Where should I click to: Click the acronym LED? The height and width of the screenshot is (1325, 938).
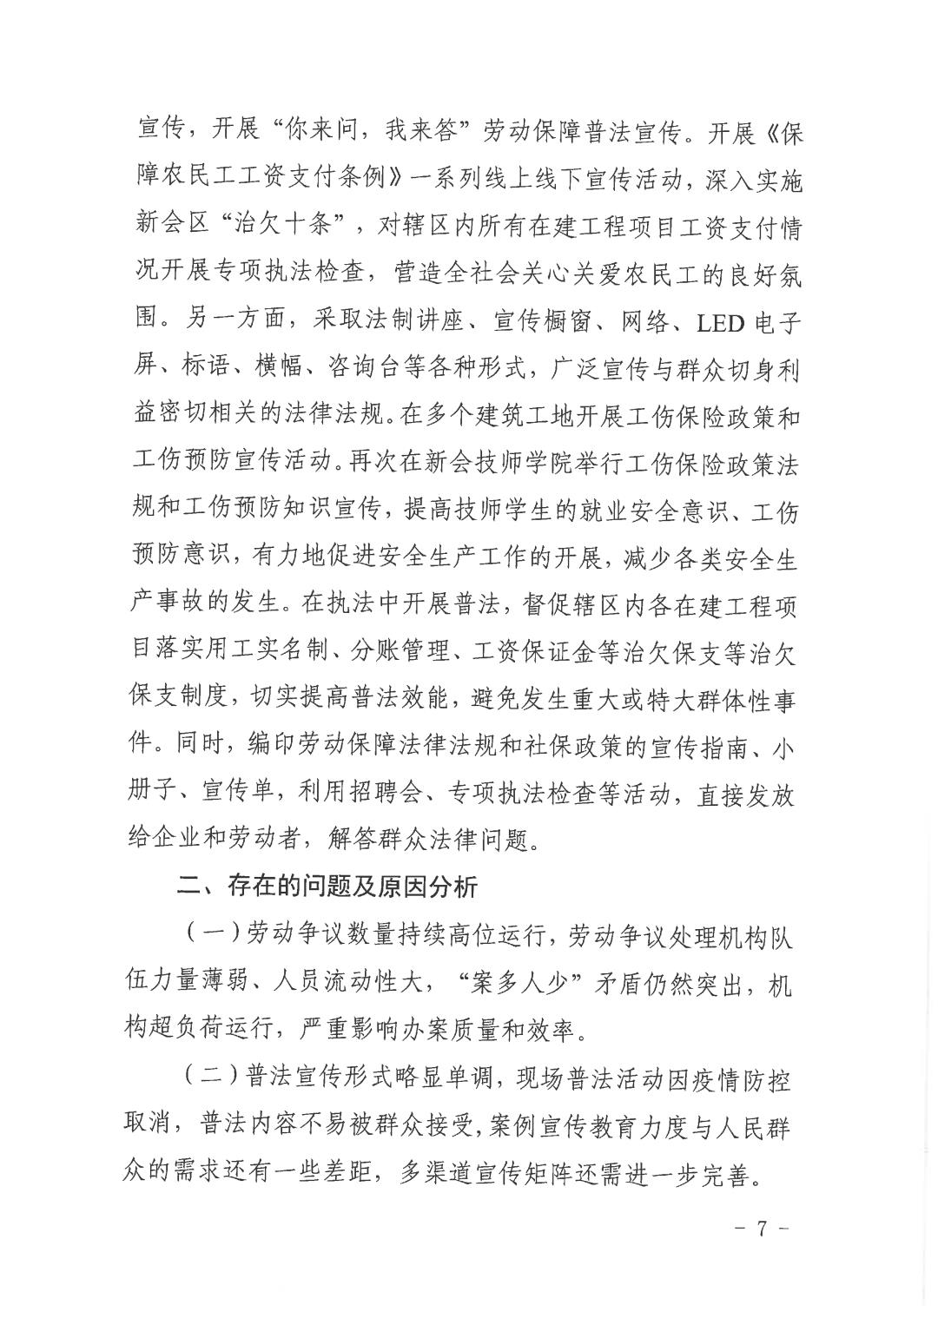click(721, 323)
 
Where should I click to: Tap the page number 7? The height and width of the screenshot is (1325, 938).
click(761, 1229)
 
